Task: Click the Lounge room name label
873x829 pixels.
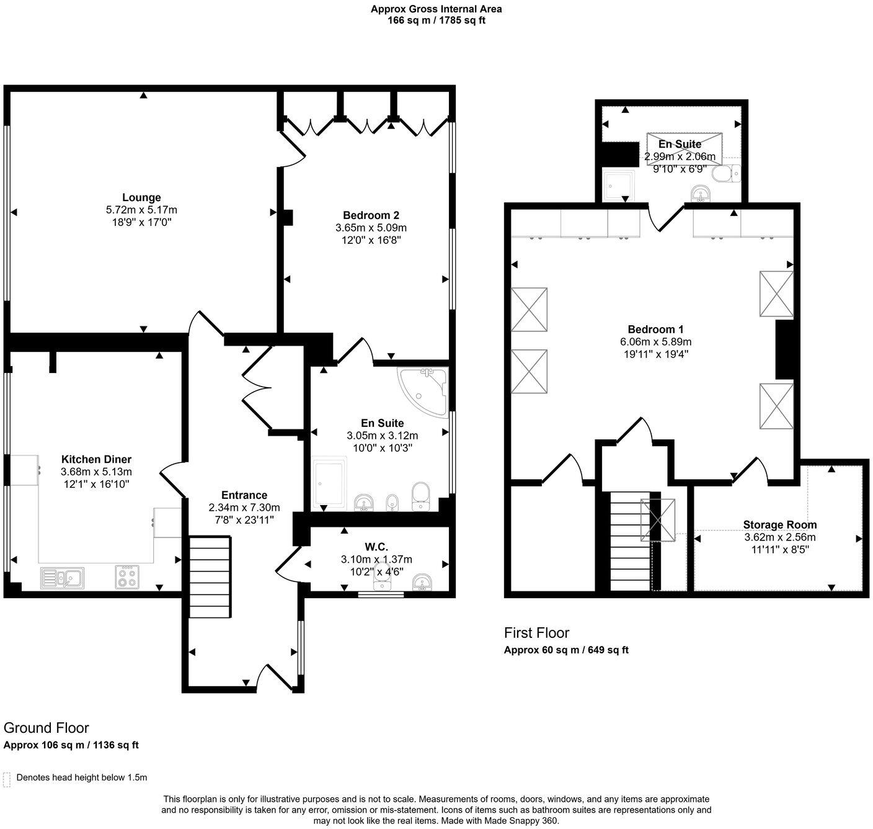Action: tap(141, 198)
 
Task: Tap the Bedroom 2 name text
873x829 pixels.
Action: tap(371, 215)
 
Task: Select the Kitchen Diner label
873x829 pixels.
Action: tap(96, 459)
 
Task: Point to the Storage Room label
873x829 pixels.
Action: tap(780, 525)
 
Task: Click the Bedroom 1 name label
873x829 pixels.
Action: tap(655, 329)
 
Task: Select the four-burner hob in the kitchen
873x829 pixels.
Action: tap(127, 577)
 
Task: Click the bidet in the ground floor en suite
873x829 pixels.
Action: tap(392, 501)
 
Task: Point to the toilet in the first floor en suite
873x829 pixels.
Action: tap(725, 174)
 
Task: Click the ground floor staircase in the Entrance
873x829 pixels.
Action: tap(210, 577)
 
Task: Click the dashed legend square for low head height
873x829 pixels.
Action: tap(7, 778)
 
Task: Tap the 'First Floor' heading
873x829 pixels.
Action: tap(536, 633)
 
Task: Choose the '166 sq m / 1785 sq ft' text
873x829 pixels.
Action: tap(436, 20)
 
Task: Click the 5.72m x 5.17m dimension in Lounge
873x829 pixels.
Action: tap(141, 210)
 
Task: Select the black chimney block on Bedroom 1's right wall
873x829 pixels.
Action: tap(784, 349)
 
